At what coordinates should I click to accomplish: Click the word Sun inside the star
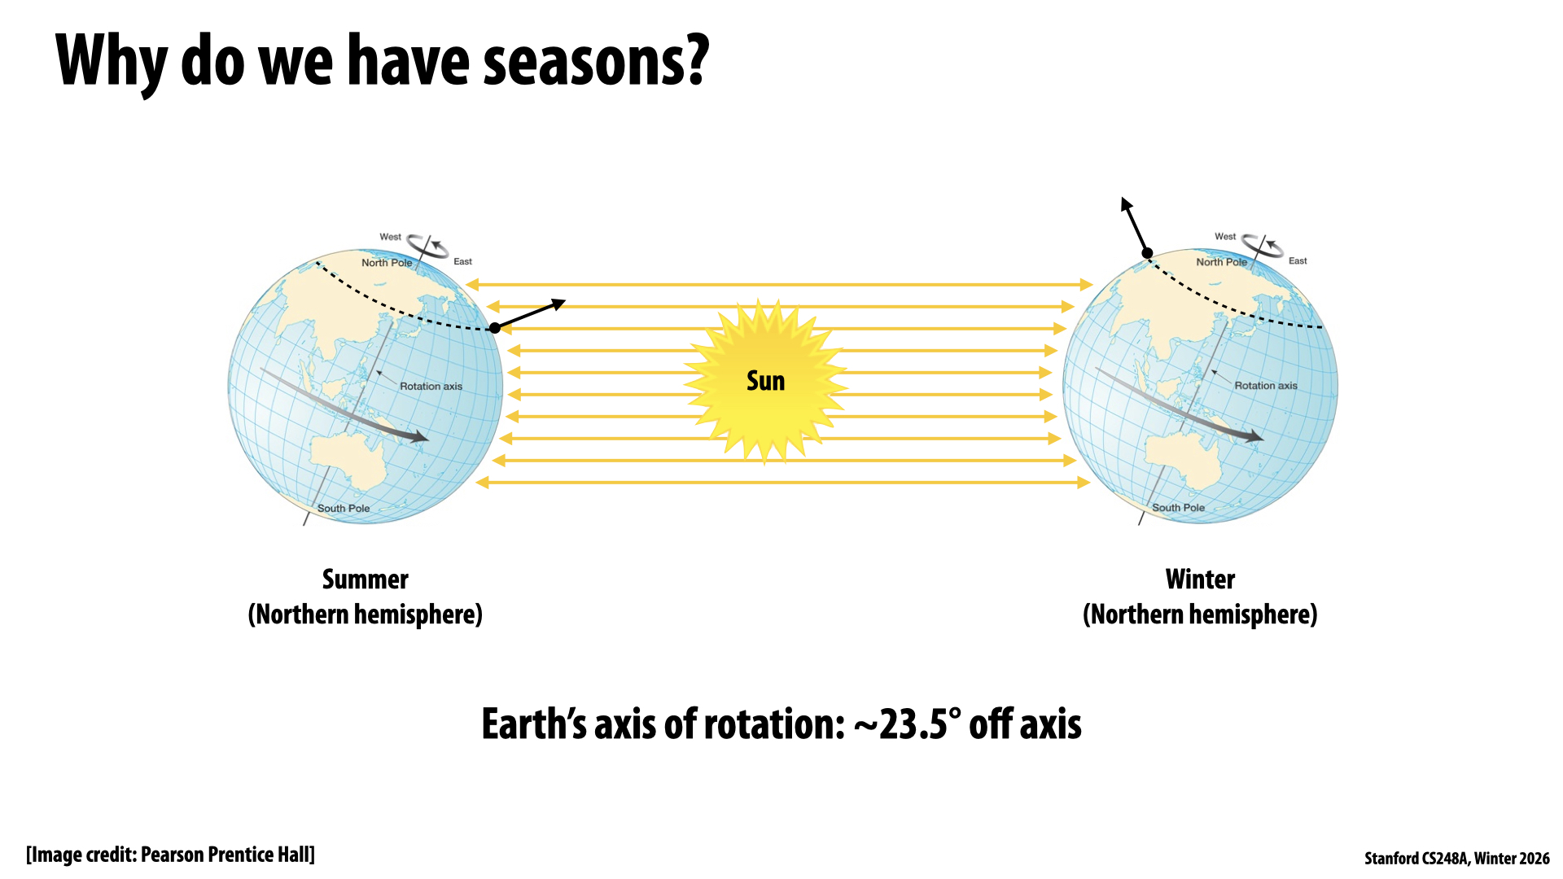[765, 381]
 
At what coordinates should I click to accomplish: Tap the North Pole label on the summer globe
[387, 263]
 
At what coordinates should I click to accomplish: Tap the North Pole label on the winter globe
[1221, 262]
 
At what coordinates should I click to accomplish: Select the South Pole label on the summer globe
[344, 508]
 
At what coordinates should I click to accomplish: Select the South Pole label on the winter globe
[1178, 507]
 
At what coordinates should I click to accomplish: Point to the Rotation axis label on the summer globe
[431, 387]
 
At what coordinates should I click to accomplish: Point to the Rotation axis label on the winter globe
[1266, 386]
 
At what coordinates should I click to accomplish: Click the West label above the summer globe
[390, 237]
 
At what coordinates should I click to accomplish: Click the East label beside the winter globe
[1298, 260]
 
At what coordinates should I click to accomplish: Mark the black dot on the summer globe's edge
[495, 328]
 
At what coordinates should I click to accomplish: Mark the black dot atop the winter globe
[1147, 253]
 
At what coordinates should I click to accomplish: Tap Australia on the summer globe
[351, 461]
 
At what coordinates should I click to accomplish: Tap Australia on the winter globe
[1185, 460]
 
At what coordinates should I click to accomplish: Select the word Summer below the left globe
[366, 579]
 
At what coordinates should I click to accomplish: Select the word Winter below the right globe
[1200, 579]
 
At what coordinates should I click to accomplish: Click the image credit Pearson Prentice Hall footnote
[170, 855]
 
